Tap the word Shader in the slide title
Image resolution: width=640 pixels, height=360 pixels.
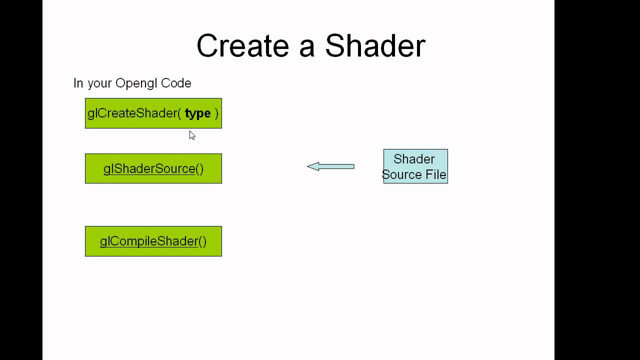(375, 46)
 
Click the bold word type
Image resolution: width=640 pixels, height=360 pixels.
(197, 113)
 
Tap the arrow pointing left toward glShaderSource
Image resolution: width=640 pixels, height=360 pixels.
(333, 166)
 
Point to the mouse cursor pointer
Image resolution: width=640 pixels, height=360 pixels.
(192, 135)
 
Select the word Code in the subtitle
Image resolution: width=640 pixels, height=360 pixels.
(175, 83)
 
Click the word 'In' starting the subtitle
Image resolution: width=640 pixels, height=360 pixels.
(78, 83)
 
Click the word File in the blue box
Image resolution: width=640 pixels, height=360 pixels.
(435, 174)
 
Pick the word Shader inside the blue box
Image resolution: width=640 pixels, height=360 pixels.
(414, 159)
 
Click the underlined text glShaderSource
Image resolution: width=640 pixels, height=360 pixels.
(149, 168)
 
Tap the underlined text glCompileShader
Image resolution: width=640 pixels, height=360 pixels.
(149, 241)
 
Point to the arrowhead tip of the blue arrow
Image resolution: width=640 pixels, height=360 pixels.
(308, 166)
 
